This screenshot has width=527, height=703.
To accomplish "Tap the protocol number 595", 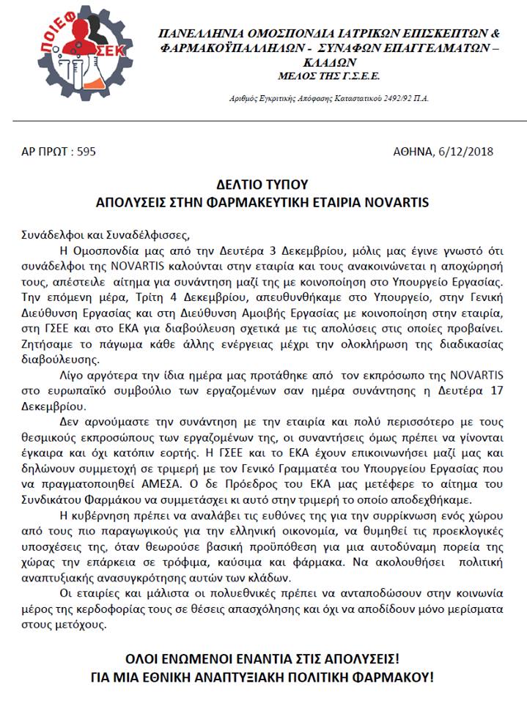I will click(86, 152).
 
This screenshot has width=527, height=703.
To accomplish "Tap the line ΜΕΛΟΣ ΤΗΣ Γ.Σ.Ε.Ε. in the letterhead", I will click(329, 75).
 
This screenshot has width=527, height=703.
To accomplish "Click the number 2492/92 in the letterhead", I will click(368, 97).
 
